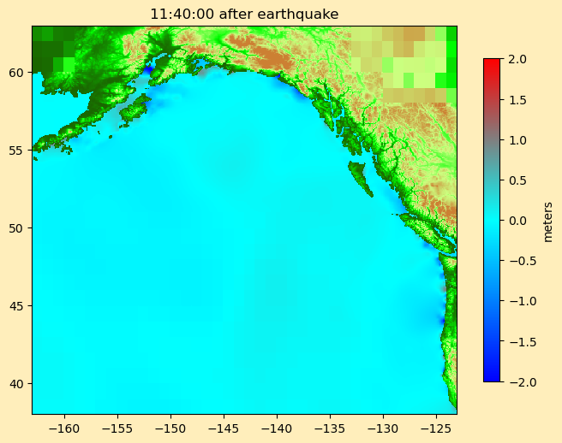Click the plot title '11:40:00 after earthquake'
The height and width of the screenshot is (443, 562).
244,15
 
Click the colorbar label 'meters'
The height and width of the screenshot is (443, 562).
548,221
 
